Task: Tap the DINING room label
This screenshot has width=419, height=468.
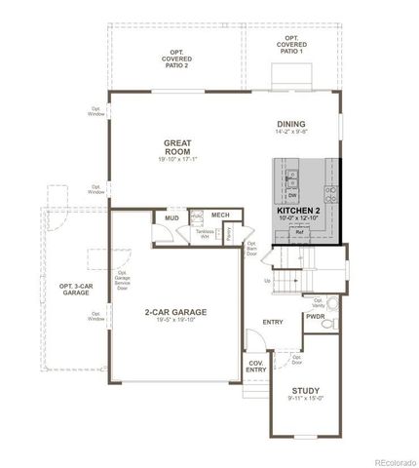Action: [290, 124]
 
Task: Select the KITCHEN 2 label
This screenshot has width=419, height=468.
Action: [299, 211]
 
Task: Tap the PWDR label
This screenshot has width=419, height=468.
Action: [315, 317]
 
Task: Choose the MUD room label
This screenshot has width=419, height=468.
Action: [171, 218]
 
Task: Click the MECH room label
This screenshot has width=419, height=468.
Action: [220, 214]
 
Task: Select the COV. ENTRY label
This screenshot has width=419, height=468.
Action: [255, 367]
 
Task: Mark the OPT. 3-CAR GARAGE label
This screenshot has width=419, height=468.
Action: [75, 289]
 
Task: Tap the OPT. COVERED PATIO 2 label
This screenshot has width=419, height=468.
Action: [177, 58]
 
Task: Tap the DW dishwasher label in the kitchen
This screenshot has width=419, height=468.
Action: [291, 194]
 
